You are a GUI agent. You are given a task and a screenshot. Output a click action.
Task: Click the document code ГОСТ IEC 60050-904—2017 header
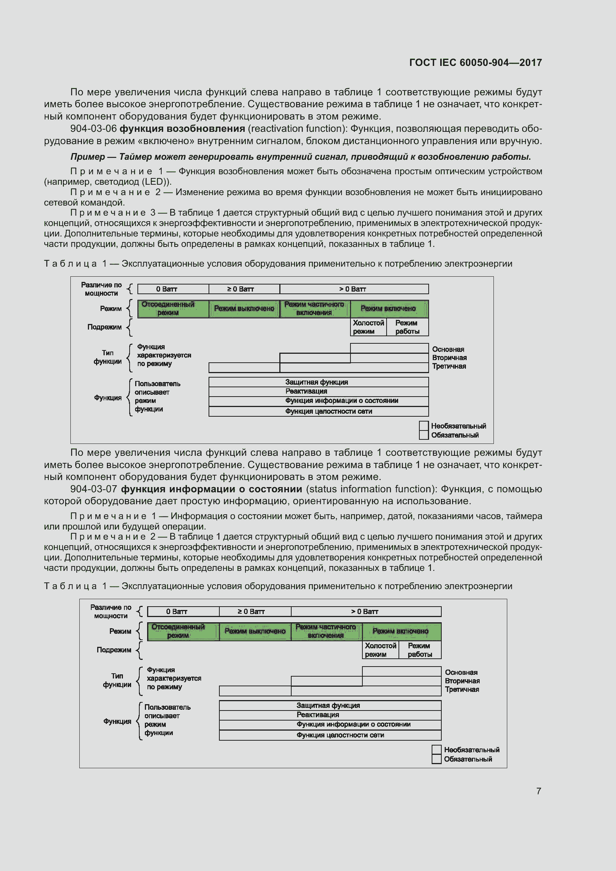point(475,63)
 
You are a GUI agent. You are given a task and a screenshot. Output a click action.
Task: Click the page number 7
point(538,791)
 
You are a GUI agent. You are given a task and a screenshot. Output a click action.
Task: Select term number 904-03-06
point(93,128)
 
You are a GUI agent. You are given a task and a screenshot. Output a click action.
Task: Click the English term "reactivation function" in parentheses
point(297,128)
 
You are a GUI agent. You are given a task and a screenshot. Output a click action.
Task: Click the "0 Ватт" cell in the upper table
point(167,289)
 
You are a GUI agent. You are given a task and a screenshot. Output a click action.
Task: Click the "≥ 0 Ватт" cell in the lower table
point(251,611)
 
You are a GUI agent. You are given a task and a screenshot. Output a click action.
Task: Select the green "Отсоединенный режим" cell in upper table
point(168,308)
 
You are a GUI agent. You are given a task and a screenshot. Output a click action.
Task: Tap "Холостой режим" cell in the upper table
point(368,327)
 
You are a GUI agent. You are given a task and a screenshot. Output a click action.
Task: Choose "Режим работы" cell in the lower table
point(419,650)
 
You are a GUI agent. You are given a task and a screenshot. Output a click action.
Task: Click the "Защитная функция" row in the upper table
point(317,382)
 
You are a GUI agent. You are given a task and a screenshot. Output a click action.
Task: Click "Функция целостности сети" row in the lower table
point(340,735)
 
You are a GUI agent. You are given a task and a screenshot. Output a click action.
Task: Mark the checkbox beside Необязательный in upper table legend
point(424,426)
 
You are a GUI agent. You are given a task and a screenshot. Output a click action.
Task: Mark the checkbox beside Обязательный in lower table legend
point(436,759)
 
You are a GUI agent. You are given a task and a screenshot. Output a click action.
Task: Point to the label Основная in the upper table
point(448,349)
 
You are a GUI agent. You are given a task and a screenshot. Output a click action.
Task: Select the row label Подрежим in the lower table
point(114,650)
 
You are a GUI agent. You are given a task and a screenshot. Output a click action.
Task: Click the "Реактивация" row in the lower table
point(318,715)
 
